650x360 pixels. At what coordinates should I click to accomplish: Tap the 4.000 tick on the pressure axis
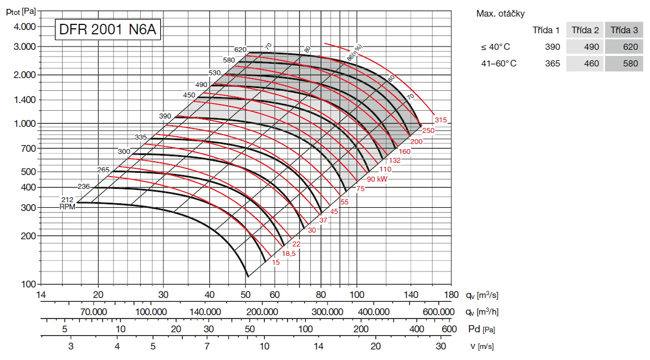pos(24,27)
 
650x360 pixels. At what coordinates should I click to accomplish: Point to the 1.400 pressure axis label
pos(24,100)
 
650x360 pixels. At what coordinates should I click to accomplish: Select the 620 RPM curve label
pos(240,49)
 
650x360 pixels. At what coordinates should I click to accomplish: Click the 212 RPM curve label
pos(68,199)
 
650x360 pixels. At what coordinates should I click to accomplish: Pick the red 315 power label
pos(441,120)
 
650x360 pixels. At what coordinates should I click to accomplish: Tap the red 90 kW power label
pos(376,180)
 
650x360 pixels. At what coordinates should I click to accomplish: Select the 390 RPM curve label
pos(165,116)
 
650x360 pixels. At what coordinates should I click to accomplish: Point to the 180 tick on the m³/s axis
pos(452,294)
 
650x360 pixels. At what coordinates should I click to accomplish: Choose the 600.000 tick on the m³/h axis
pos(439,312)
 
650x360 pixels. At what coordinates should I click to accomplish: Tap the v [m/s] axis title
pos(479,347)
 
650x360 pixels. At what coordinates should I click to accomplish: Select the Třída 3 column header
pos(623,29)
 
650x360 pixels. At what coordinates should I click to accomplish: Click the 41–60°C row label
pos(499,64)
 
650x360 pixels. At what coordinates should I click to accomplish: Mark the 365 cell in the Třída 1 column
pos(552,64)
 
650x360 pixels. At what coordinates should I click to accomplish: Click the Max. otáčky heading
pos(500,13)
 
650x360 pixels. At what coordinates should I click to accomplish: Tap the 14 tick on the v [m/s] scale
pos(319,347)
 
